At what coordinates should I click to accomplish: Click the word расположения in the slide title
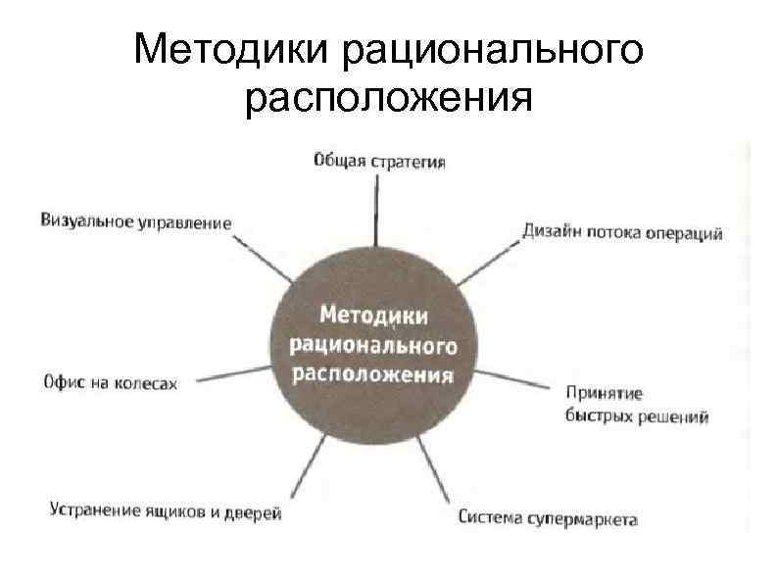[389, 99]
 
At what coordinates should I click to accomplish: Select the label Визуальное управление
[136, 221]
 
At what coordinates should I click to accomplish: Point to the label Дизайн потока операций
[622, 233]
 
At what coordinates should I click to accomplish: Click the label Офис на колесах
[110, 382]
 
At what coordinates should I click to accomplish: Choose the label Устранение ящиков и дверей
[165, 511]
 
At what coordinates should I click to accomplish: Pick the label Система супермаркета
[548, 517]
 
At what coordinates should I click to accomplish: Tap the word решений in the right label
[675, 416]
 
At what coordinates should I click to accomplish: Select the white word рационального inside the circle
[374, 346]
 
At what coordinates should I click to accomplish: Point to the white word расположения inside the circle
[374, 375]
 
